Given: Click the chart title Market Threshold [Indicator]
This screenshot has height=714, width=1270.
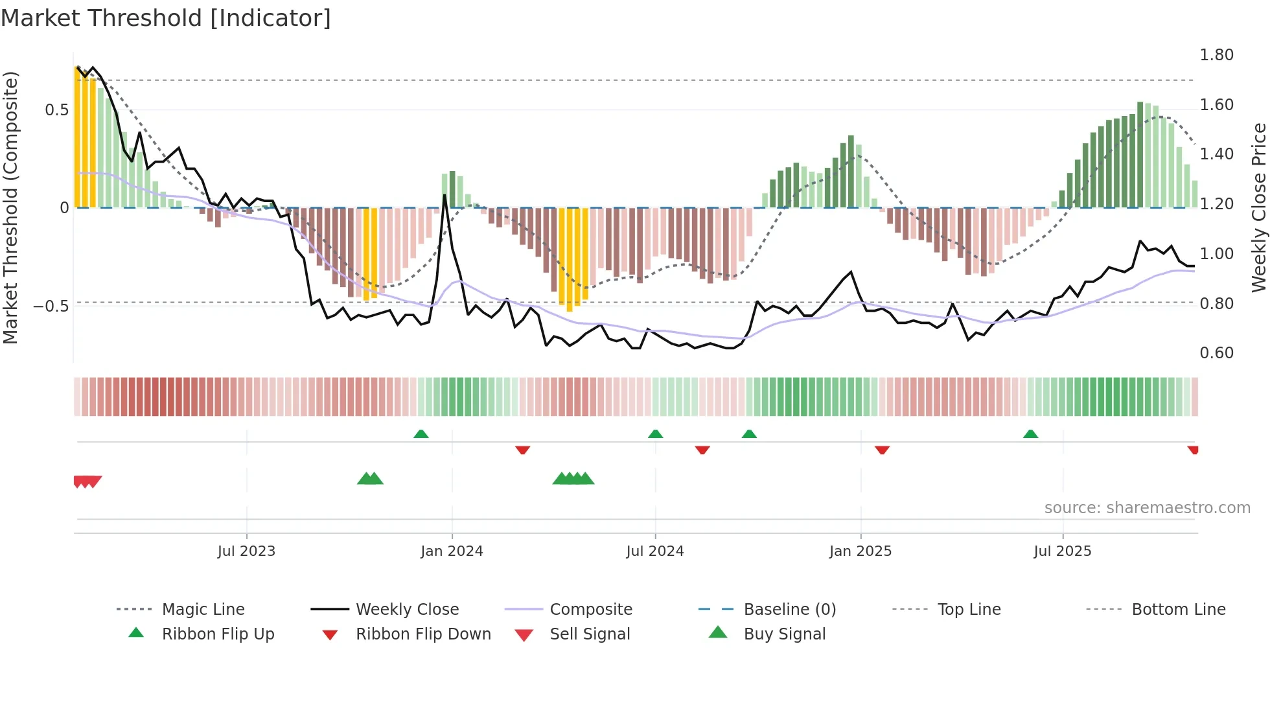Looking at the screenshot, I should pyautogui.click(x=166, y=18).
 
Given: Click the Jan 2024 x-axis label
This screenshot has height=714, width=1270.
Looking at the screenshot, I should pyautogui.click(x=452, y=551).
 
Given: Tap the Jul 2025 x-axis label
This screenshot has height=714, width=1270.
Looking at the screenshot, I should pyautogui.click(x=1062, y=551).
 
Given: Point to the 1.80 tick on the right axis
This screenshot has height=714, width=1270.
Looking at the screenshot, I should pyautogui.click(x=1216, y=55).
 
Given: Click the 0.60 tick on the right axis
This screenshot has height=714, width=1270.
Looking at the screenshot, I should pyautogui.click(x=1216, y=353).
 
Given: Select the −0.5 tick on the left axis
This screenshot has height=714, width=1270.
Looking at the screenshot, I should pyautogui.click(x=51, y=306).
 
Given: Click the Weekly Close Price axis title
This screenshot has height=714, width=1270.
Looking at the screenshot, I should pyautogui.click(x=1258, y=207).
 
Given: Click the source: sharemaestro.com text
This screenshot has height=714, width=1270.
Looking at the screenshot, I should pyautogui.click(x=1147, y=508).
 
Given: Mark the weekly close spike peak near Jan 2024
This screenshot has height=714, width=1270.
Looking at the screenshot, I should pyautogui.click(x=444, y=195).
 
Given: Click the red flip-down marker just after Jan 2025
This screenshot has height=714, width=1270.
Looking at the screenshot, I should pyautogui.click(x=882, y=450).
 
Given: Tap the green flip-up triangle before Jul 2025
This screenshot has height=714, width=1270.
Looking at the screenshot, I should pyautogui.click(x=1030, y=434).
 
